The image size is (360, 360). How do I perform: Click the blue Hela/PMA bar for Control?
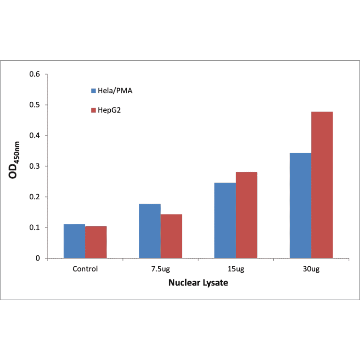point(74,241)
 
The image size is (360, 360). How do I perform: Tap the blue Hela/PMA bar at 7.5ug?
point(150,231)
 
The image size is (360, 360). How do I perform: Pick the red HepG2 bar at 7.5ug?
point(171,236)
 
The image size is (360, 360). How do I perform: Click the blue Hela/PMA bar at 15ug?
point(225,221)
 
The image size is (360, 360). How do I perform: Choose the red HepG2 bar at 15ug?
point(246,215)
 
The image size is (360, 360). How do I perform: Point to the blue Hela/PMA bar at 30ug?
point(300,205)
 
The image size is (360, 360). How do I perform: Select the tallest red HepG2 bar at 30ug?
point(322,185)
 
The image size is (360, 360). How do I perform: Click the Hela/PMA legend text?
point(115,90)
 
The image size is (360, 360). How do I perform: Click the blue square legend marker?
point(93,90)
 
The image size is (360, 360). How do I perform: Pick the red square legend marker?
point(93,110)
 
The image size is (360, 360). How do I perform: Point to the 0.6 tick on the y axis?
point(35,74)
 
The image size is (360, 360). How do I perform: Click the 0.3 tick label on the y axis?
point(35,166)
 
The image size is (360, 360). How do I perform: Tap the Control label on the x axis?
point(85,269)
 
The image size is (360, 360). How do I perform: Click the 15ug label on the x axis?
point(236,269)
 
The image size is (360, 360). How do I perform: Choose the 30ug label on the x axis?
point(311,269)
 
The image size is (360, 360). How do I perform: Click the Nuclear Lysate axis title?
point(198,284)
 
